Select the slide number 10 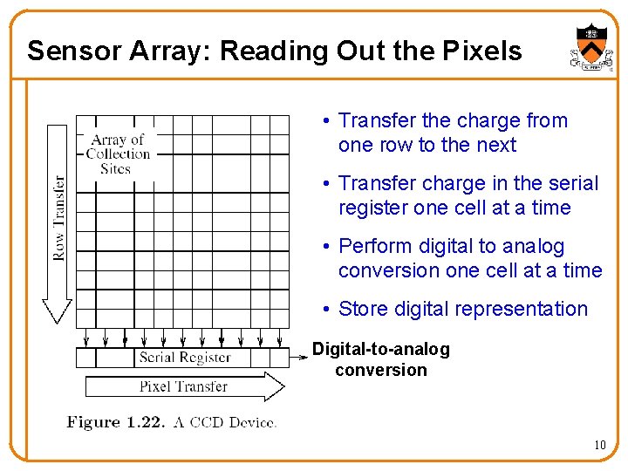(x=599, y=446)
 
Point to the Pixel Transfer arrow (x=184, y=386)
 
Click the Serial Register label (x=185, y=357)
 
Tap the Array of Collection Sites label (x=118, y=154)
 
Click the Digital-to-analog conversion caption (x=381, y=359)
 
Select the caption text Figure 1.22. (x=116, y=423)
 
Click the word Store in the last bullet (x=363, y=309)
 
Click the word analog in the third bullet (x=534, y=247)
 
